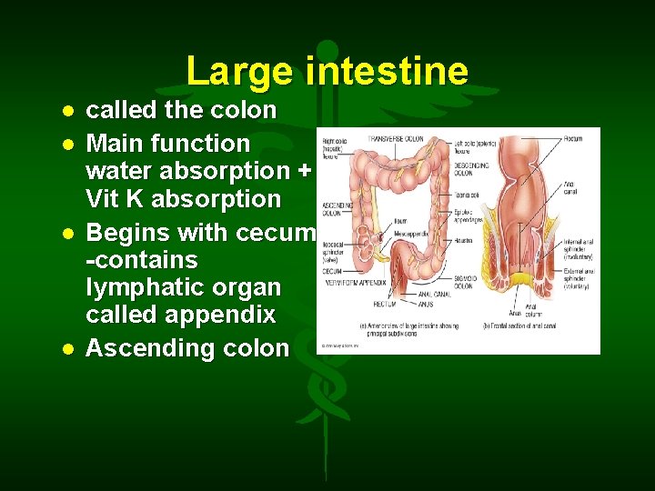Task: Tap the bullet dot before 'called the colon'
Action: coord(67,111)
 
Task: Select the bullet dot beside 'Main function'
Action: coord(67,144)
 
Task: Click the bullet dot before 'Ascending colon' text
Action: coord(67,349)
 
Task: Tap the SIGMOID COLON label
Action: coord(466,285)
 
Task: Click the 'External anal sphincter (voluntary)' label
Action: coord(575,276)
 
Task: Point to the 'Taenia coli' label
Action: coord(465,195)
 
